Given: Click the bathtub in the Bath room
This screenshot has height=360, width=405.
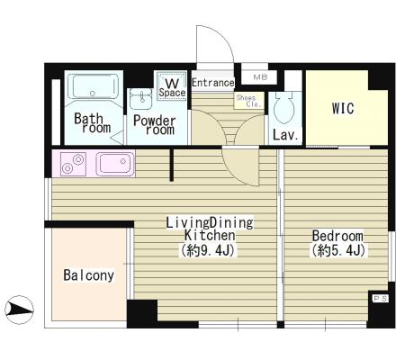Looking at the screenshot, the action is coord(93,86).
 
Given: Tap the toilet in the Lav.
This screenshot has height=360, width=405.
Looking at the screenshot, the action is coord(283,107).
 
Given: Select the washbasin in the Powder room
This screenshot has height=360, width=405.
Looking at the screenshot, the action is coord(141,99).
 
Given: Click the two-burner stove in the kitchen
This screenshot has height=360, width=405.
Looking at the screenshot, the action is coord(73,164).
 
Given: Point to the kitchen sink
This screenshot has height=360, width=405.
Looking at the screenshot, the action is coord(115,164).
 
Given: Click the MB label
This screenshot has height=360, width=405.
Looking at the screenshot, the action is coord(260,77).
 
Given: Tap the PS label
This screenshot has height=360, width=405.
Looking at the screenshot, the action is coord(380,299).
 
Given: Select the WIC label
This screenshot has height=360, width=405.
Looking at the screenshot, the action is coord(343,108).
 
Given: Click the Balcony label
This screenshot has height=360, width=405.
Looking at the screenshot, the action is coord(89,275).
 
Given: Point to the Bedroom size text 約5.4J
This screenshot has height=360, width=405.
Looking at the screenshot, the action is coord(338,250).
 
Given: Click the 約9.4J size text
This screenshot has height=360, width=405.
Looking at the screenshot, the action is coord(207,250).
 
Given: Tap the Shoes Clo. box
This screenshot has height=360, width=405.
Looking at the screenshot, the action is coord(249,101).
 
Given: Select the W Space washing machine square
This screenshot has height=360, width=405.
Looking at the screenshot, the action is coord(172,85).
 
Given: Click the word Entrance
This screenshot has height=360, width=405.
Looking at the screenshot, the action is coord(213,83).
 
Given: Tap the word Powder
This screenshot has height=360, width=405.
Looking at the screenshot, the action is coord(155,121).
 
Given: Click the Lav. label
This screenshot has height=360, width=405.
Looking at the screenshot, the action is coord(286,135).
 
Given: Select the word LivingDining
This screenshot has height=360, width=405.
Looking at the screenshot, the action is coord(210,222).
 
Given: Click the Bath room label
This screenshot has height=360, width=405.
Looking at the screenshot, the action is coord(93,123).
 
